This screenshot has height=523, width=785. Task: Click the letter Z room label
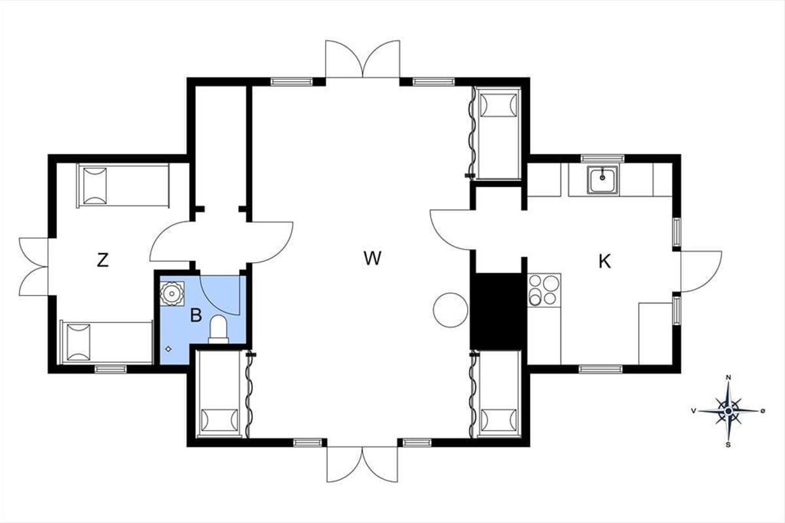click(102, 260)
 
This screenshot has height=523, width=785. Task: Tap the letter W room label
click(372, 258)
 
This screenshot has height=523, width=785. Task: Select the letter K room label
click(605, 261)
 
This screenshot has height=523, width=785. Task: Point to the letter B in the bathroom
click(196, 315)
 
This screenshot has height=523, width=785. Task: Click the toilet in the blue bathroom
click(218, 329)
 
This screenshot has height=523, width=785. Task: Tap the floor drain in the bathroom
click(169, 349)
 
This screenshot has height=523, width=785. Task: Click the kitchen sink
click(602, 179)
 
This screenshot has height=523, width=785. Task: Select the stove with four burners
click(544, 290)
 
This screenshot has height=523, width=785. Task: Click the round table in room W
click(450, 311)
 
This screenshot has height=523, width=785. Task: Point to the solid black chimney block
click(498, 311)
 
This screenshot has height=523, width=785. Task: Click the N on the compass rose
click(728, 378)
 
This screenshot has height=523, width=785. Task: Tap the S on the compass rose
click(728, 445)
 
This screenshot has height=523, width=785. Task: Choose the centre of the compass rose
click(728, 411)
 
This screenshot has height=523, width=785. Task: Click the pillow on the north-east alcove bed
click(498, 105)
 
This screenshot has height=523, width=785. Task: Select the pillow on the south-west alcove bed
click(219, 420)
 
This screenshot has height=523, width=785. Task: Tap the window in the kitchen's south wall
click(601, 369)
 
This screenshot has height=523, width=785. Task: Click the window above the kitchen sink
click(602, 158)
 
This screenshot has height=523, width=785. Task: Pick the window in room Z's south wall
click(111, 369)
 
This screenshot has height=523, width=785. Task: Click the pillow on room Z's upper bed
click(95, 186)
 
